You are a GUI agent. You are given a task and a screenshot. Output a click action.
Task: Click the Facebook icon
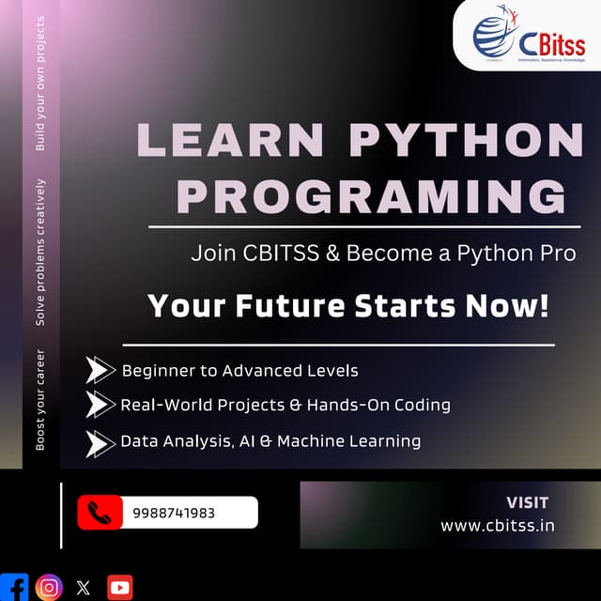14,587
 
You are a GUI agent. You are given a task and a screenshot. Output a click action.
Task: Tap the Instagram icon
49,587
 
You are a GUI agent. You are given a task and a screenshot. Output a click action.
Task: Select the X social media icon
84,588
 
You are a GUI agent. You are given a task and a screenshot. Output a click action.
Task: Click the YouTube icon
120,588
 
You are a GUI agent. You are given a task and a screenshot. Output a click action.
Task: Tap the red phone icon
100,513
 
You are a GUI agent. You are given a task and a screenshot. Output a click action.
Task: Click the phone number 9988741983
174,513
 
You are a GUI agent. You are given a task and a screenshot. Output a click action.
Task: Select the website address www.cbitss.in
498,525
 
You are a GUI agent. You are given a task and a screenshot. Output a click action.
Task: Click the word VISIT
527,502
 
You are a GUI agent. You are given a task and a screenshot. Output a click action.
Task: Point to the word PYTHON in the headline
467,141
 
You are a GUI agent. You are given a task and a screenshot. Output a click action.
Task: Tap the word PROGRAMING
372,197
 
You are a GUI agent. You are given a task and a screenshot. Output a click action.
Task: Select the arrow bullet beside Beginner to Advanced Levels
100,370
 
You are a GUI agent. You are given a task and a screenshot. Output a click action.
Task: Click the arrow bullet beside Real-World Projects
100,405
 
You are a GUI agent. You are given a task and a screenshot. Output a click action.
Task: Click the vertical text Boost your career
40,399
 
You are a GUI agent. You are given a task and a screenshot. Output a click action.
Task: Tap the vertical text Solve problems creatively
40,252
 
